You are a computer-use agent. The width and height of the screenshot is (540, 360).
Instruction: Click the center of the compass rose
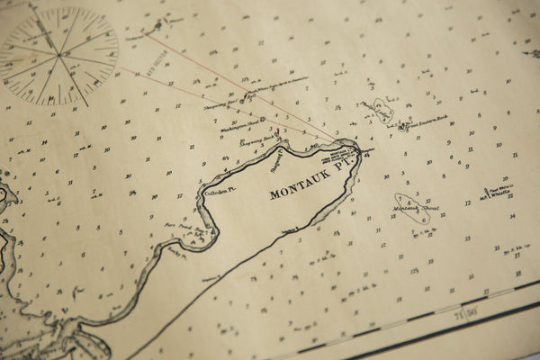point(58,56)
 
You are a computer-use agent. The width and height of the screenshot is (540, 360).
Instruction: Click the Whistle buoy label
point(497,193)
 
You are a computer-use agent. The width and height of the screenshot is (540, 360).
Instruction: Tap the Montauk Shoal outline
point(411,209)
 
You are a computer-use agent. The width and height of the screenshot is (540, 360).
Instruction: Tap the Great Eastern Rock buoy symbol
point(402,127)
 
